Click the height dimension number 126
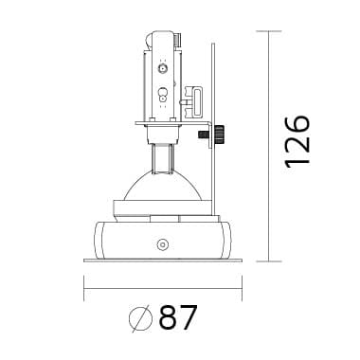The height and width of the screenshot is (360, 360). coord(297,142)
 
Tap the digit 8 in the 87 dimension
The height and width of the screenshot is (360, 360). coord(170,317)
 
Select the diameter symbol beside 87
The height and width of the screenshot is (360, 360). coord(140,318)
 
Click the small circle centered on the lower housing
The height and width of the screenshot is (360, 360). coord(163,244)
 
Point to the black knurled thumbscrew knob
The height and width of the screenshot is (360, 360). coord(219,135)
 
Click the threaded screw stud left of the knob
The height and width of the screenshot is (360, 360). coord(204,135)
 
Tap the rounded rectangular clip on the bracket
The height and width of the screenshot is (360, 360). coord(197,102)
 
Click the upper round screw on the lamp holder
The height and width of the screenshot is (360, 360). coord(163,68)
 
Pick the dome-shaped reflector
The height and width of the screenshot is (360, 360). coord(163,187)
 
